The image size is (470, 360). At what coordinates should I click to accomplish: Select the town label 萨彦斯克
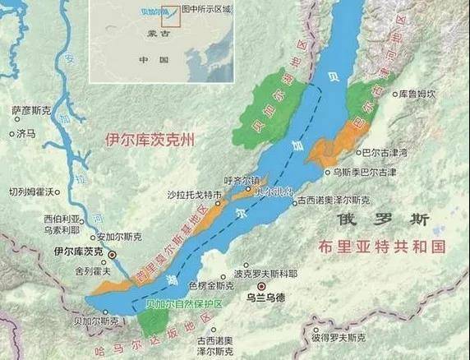click(x=31, y=109)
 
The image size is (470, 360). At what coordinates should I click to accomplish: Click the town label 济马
click(x=27, y=132)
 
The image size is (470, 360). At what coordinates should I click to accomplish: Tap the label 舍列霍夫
click(x=92, y=269)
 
